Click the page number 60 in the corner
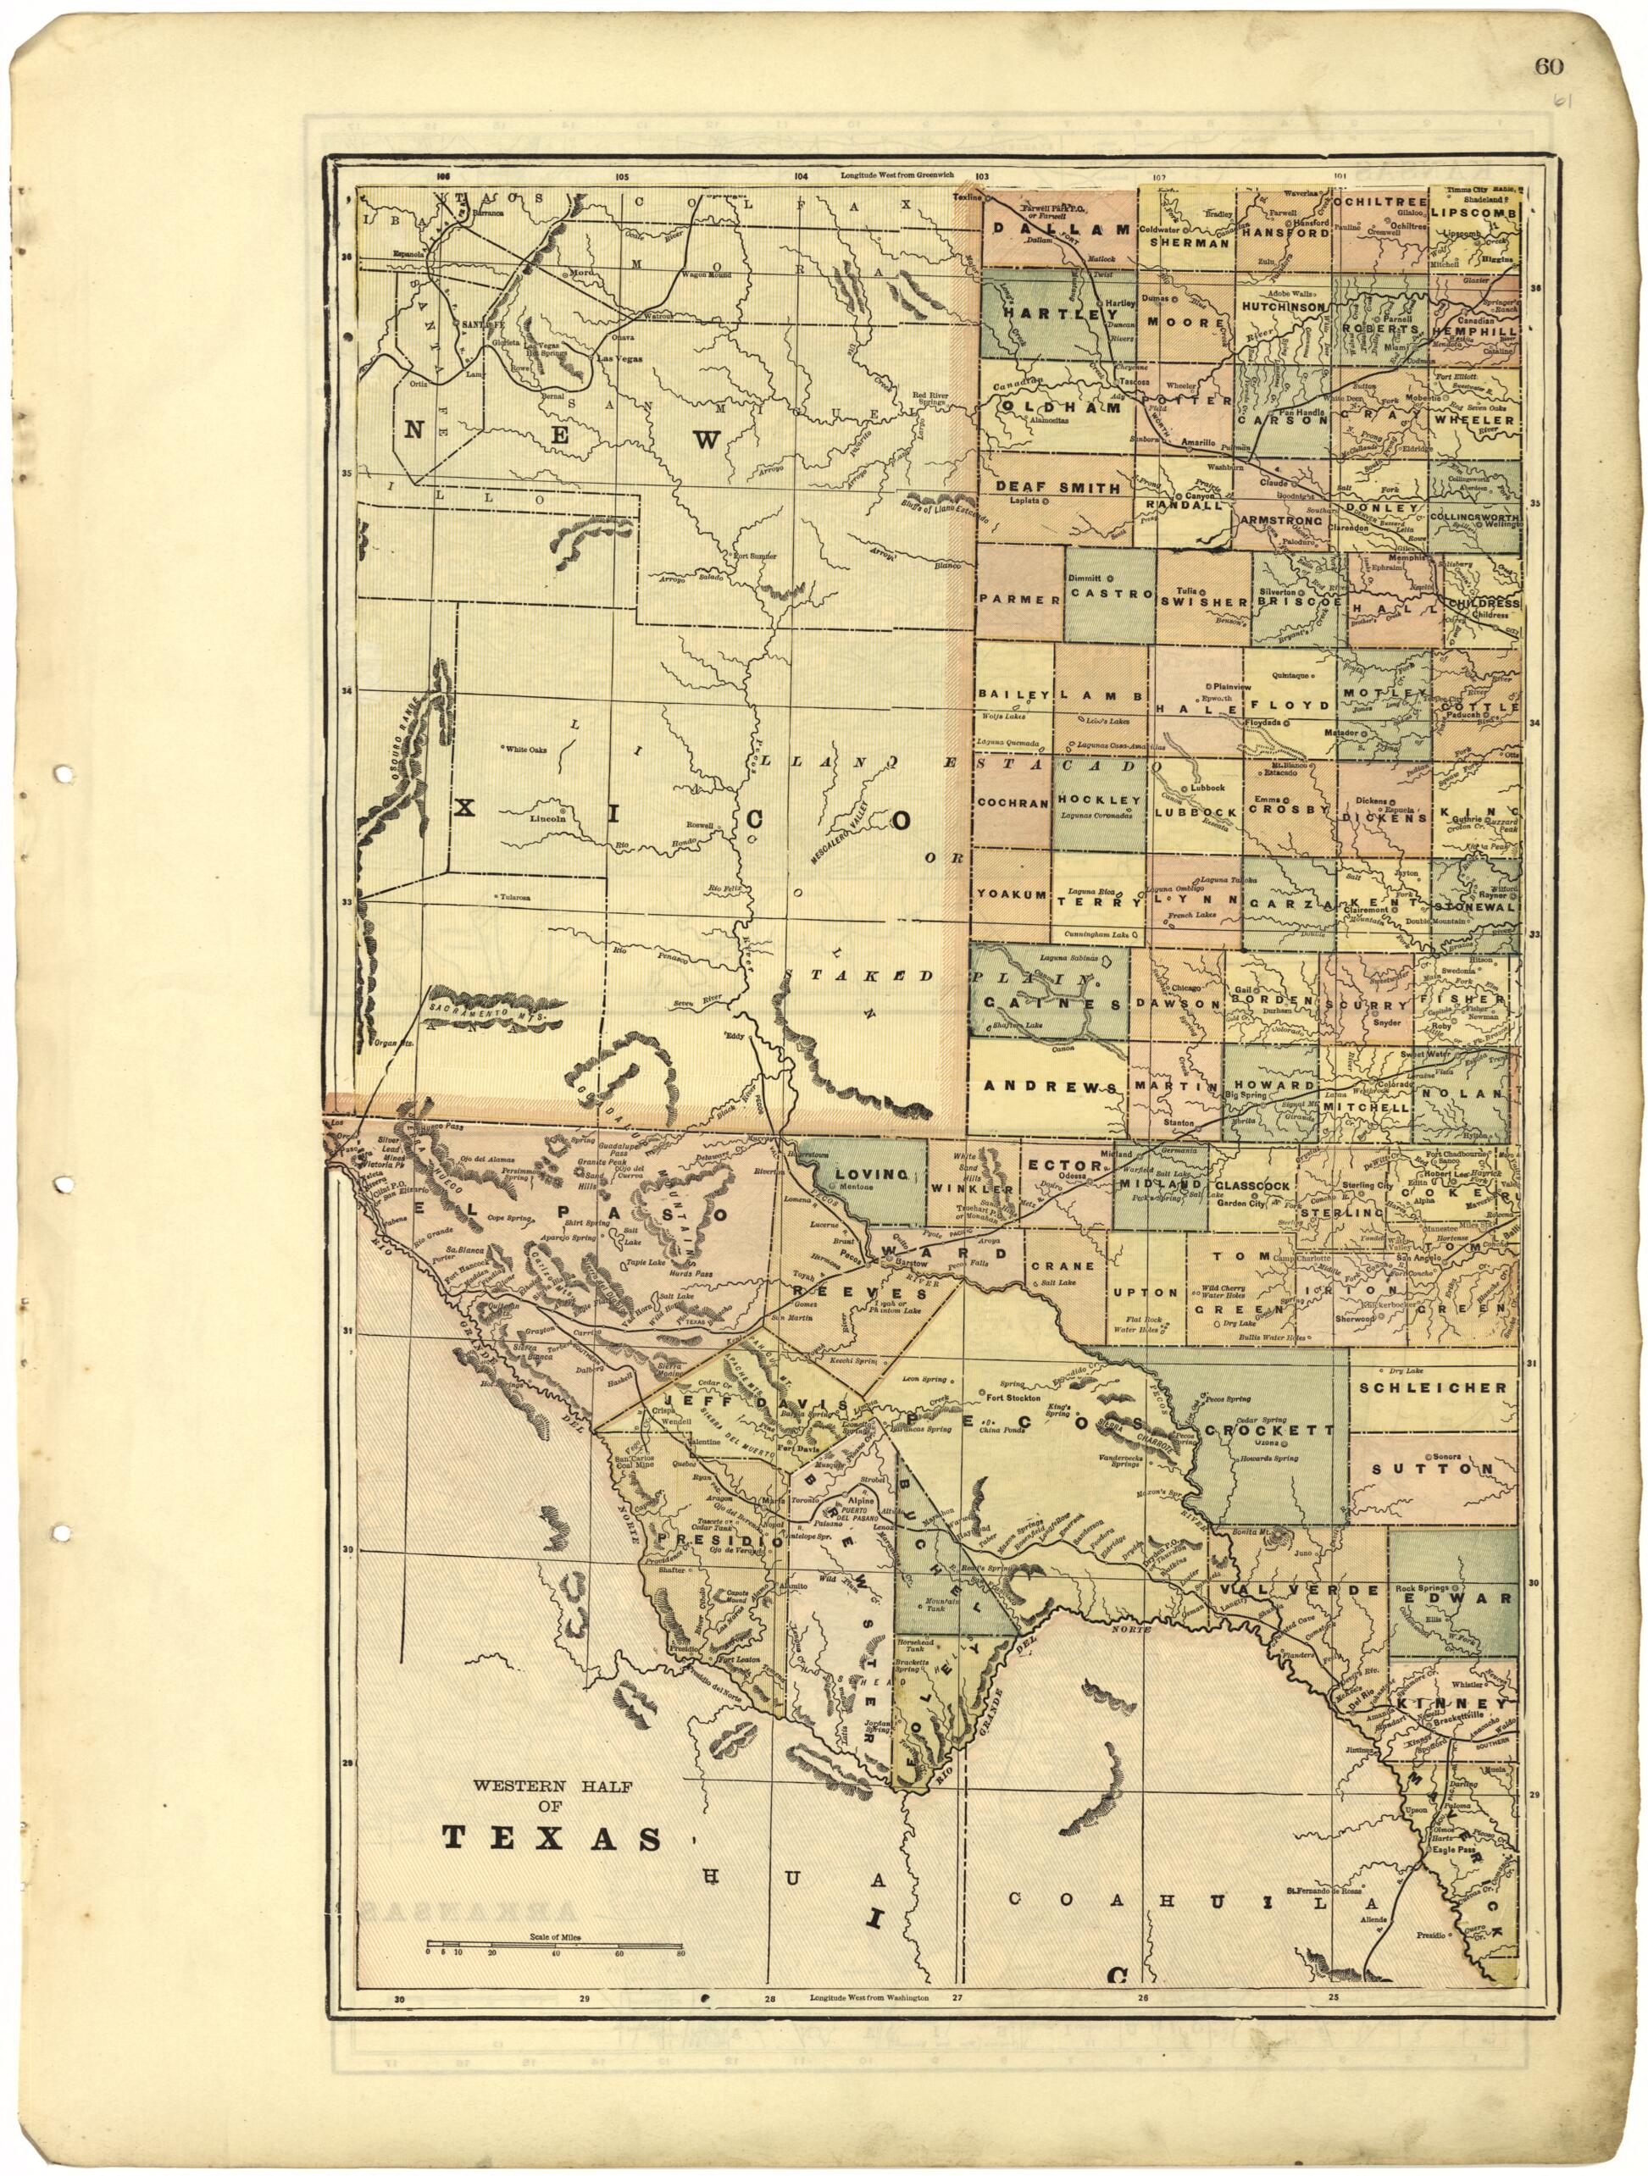pos(1548,67)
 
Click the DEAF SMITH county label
pos(1057,487)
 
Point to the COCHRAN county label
pos(1013,802)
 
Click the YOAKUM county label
pos(1012,894)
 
